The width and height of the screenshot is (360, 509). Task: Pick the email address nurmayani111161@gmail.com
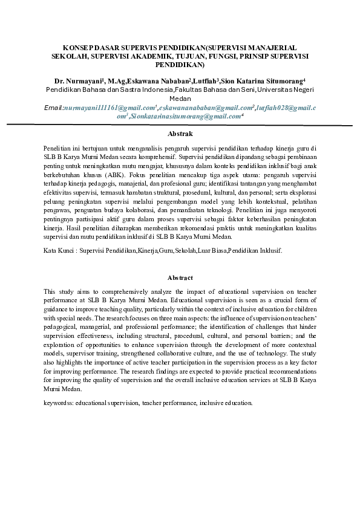point(106,107)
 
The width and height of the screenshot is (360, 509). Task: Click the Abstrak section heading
point(180,132)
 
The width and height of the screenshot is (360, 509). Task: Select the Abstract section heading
point(180,277)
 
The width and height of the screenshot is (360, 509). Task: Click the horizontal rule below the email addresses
point(180,125)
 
